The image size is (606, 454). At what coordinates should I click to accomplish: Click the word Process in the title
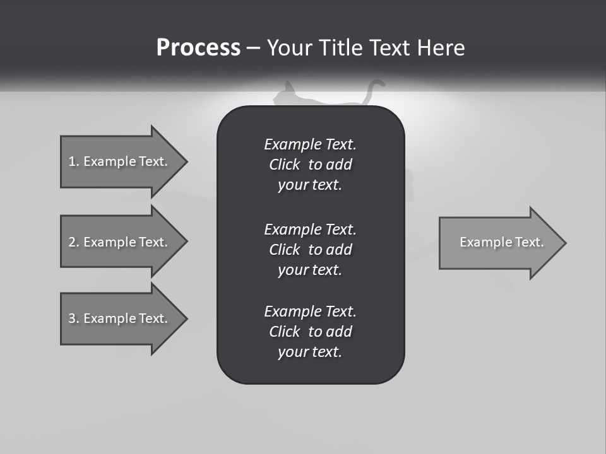pyautogui.click(x=198, y=48)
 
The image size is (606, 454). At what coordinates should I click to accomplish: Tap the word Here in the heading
pyautogui.click(x=441, y=48)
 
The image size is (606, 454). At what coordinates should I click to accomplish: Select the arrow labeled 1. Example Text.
pyautogui.click(x=120, y=161)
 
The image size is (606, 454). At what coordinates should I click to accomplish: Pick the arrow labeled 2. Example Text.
pyautogui.click(x=120, y=242)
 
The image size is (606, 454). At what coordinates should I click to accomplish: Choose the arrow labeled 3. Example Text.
pyautogui.click(x=120, y=318)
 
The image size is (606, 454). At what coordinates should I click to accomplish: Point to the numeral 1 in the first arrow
pyautogui.click(x=72, y=161)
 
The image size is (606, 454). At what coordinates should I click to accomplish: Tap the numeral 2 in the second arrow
pyautogui.click(x=72, y=242)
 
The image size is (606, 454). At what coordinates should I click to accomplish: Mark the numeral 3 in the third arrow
pyautogui.click(x=72, y=318)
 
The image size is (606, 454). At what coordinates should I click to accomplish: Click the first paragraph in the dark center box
pyautogui.click(x=310, y=165)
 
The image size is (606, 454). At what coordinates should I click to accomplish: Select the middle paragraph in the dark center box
pyautogui.click(x=310, y=249)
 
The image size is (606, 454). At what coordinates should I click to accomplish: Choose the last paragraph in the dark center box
pyautogui.click(x=310, y=332)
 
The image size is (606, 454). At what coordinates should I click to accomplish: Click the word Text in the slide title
pyautogui.click(x=391, y=48)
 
